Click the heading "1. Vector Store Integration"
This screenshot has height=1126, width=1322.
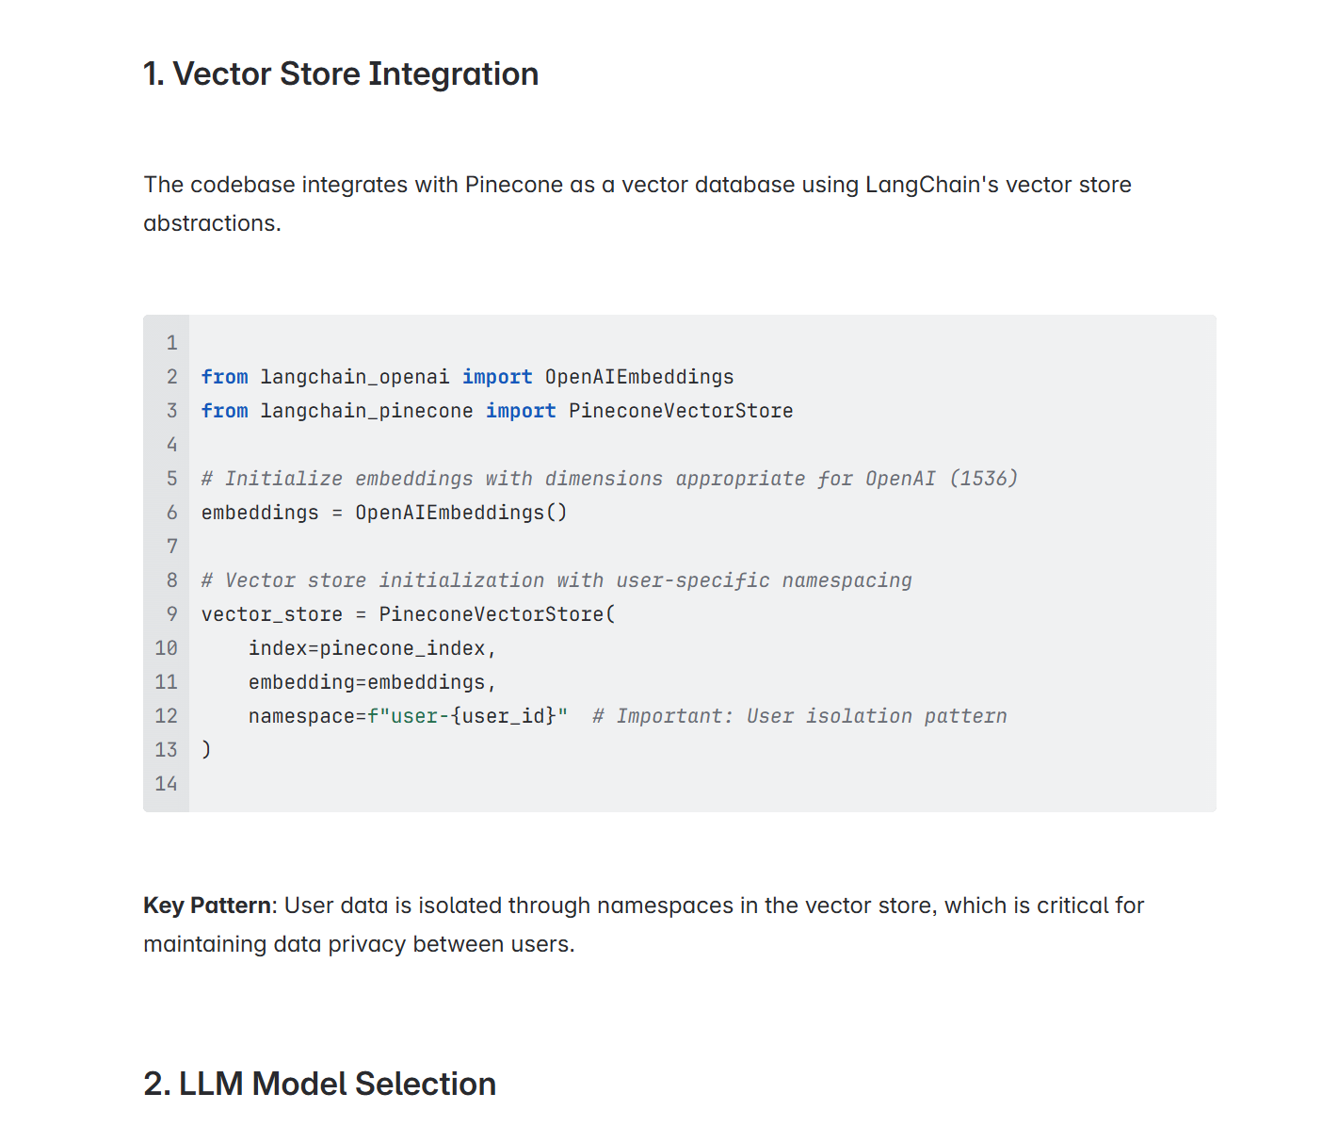pyautogui.click(x=340, y=74)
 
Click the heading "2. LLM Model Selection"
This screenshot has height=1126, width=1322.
pyautogui.click(x=319, y=1085)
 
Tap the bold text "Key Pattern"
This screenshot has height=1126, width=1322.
pyautogui.click(x=207, y=906)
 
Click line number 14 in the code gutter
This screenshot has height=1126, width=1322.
pyautogui.click(x=166, y=784)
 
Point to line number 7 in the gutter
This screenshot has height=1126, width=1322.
pyautogui.click(x=171, y=547)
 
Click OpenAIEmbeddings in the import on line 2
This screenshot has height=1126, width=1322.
pyautogui.click(x=638, y=377)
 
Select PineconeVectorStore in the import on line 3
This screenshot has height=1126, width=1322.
pyautogui.click(x=680, y=411)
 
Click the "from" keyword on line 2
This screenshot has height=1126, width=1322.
pyautogui.click(x=224, y=377)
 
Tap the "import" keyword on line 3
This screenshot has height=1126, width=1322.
pyautogui.click(x=521, y=411)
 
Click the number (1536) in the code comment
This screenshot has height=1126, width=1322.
pyautogui.click(x=983, y=479)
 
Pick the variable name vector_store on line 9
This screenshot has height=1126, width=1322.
pyautogui.click(x=271, y=614)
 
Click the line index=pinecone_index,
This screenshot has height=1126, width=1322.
pyautogui.click(x=371, y=648)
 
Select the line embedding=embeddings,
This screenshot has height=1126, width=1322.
pyautogui.click(x=371, y=682)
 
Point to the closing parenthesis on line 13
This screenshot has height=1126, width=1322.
pyautogui.click(x=206, y=750)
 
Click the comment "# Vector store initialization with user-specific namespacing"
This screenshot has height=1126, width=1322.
pyautogui.click(x=556, y=580)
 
